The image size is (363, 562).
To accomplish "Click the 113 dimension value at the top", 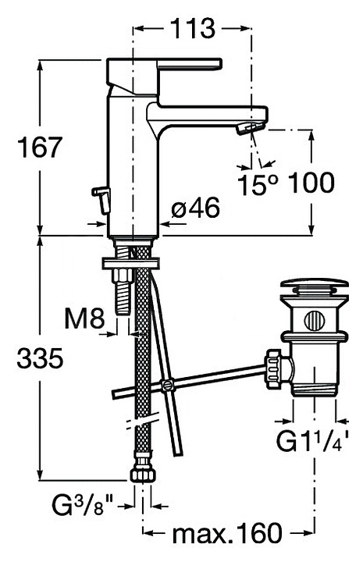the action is point(193,28).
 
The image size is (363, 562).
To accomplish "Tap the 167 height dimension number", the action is point(40,147).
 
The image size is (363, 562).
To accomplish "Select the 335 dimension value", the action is point(40,358).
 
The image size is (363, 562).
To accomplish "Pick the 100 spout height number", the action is point(311,183).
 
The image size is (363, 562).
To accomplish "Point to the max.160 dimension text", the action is point(227,534).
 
